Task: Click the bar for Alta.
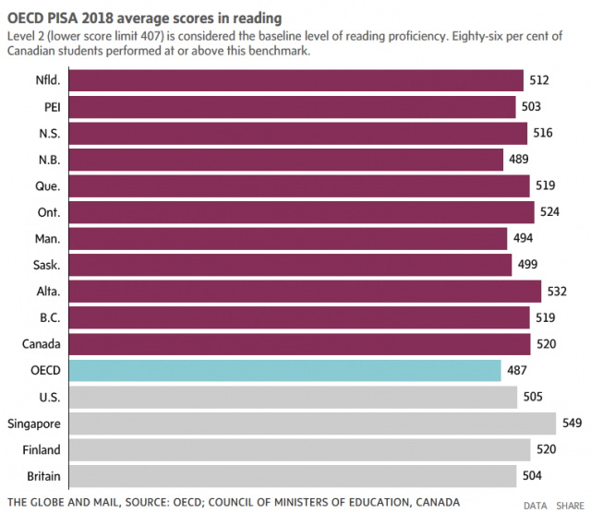coord(305,292)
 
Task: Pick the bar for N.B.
coord(285,160)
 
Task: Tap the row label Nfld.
coord(45,80)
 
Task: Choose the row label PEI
coord(52,107)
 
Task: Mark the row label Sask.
coord(46,265)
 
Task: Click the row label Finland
coord(40,450)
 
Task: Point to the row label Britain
coord(42,476)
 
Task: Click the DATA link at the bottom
coord(536,506)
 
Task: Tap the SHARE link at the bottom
coord(570,506)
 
